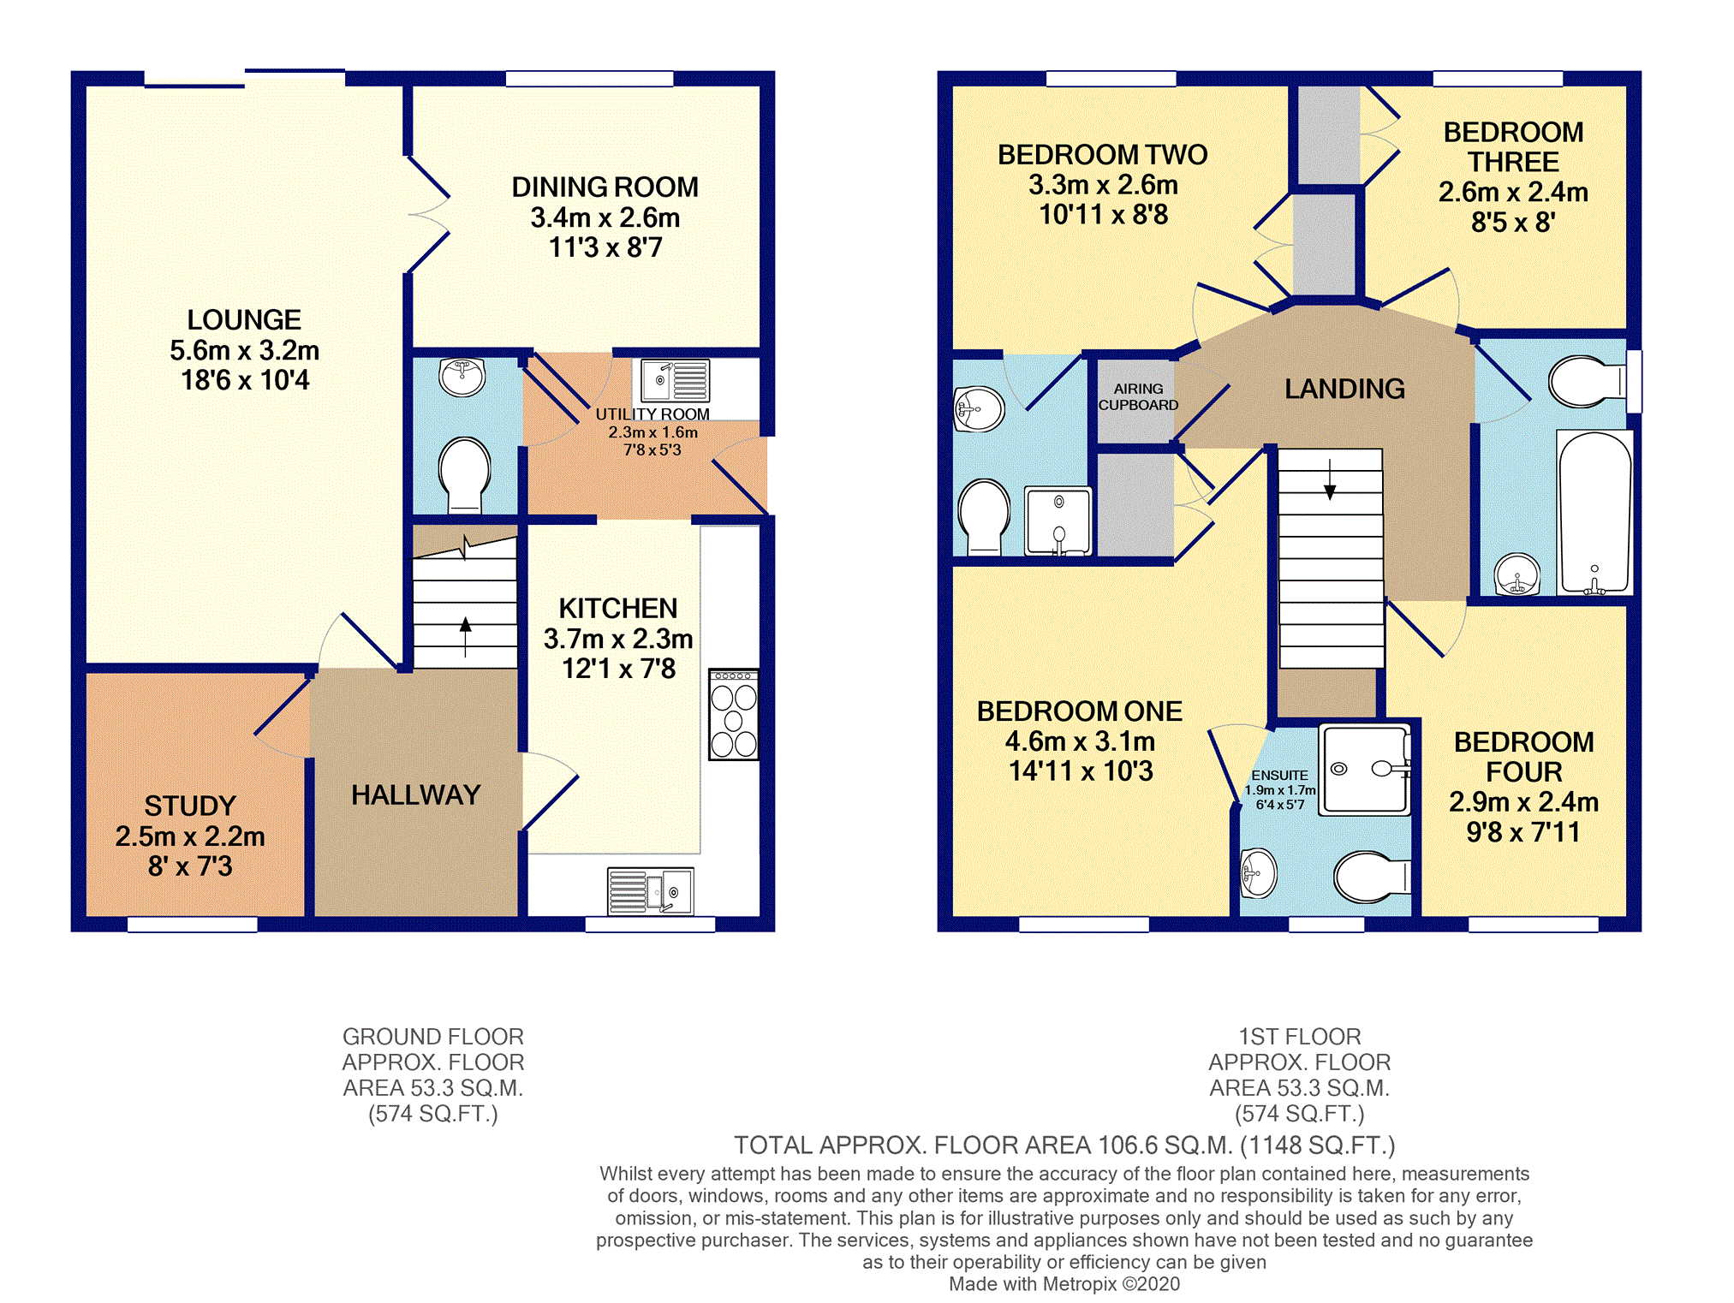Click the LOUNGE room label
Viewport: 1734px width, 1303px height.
[244, 320]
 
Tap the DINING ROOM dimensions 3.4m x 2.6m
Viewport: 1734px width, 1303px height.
[605, 217]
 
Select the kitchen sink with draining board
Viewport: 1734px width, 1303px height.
[650, 890]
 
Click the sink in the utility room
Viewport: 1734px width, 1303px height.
[675, 381]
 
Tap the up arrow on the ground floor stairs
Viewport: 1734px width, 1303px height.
[465, 635]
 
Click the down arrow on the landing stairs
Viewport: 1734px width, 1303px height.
[1329, 480]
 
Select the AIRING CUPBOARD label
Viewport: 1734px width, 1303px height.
[1138, 396]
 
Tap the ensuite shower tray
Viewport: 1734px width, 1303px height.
[1363, 769]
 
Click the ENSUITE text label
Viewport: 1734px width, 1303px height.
[1279, 775]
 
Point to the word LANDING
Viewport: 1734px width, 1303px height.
[1344, 389]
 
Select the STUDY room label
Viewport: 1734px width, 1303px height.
[189, 806]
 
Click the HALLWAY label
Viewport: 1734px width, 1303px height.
[415, 794]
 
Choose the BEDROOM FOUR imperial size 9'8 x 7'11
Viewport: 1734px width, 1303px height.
[1522, 832]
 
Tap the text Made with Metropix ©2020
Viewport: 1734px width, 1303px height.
[1064, 1283]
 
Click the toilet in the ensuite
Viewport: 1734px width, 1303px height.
[1368, 877]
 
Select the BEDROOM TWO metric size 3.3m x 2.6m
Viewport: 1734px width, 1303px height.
[1103, 185]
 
